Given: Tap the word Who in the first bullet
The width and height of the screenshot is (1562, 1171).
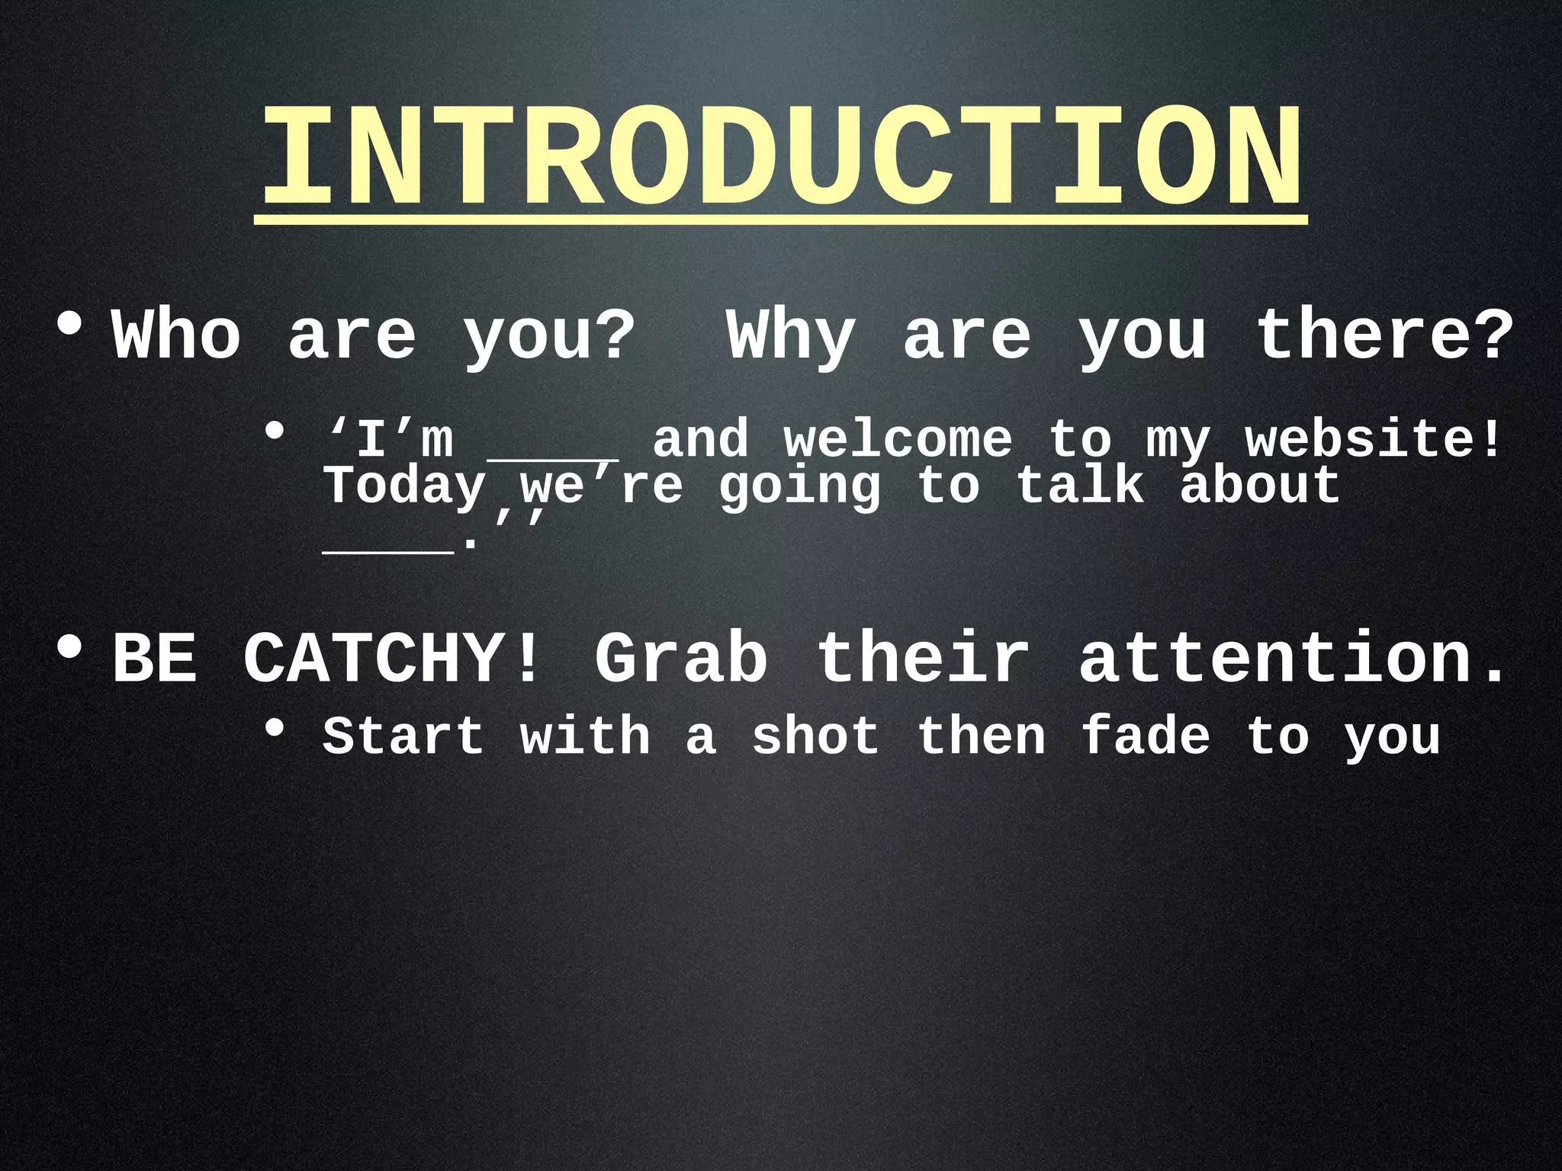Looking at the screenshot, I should [x=176, y=335].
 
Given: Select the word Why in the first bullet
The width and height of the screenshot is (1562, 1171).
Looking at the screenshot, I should [x=791, y=335].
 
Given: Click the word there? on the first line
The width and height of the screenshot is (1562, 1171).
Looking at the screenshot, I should [x=1384, y=335].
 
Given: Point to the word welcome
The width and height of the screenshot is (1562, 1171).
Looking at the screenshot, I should [x=898, y=441].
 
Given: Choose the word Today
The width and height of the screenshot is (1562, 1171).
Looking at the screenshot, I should [x=404, y=486].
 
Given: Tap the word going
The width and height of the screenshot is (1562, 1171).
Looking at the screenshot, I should [x=799, y=486].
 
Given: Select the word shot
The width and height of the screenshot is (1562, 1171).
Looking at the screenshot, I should [x=815, y=736].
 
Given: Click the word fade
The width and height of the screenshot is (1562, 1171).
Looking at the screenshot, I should [x=1146, y=736].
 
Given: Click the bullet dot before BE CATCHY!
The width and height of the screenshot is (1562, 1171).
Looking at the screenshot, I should [x=69, y=649].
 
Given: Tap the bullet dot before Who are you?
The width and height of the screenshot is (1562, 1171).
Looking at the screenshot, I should [x=69, y=325].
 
